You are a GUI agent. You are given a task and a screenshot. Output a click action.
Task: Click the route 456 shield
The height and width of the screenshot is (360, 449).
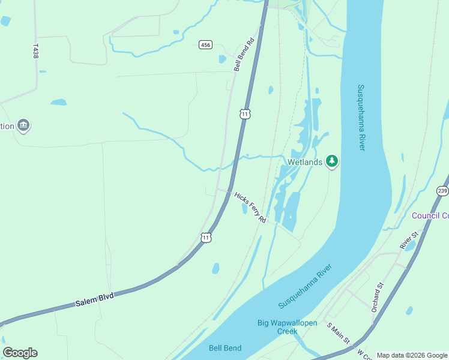pos(206,45)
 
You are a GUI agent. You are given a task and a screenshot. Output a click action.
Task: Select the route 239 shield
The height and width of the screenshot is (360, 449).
pos(442,191)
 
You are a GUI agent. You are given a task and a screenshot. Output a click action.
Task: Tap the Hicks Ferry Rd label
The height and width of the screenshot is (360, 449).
pos(250,208)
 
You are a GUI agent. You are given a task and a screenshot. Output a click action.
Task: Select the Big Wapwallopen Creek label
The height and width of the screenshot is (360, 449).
pos(287,327)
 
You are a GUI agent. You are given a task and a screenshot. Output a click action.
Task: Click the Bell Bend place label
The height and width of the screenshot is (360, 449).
pos(225,348)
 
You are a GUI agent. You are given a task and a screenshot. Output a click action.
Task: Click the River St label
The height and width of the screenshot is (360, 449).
pos(409,239)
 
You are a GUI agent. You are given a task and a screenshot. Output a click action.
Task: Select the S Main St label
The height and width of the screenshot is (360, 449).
pos(339,333)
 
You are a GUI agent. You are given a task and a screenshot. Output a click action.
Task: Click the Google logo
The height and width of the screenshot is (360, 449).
pos(20,353)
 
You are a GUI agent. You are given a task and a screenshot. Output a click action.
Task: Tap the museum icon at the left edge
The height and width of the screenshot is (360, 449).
pos(23,125)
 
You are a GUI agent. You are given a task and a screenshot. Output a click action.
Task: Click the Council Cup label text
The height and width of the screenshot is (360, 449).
pos(430,215)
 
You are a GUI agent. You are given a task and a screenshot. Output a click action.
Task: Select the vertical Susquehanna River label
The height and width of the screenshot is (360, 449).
pos(361,117)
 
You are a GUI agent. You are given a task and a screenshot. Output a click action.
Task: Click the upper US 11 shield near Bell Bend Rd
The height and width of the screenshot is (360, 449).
pos(244,113)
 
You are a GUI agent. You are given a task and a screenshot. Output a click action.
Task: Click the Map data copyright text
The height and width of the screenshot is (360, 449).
pos(412,355)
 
